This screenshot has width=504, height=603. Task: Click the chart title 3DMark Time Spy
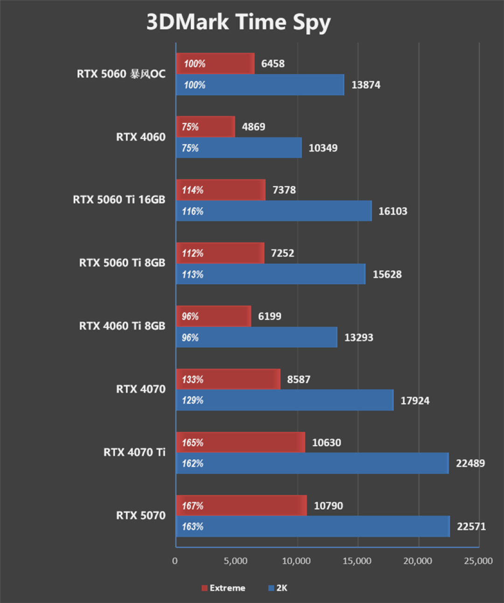pyautogui.click(x=238, y=22)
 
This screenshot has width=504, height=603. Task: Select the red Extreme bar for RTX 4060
pyautogui.click(x=205, y=126)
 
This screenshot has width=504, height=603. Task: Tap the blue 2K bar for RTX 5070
pyautogui.click(x=313, y=526)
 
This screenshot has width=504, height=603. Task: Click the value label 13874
pyautogui.click(x=365, y=85)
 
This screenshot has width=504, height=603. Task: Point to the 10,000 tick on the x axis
pyautogui.click(x=296, y=561)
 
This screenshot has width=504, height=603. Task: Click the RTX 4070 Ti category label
pyautogui.click(x=134, y=452)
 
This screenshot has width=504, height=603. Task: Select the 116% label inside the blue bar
pyautogui.click(x=192, y=211)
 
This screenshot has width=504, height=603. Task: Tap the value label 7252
pyautogui.click(x=282, y=253)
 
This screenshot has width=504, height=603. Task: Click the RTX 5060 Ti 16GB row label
pyautogui.click(x=119, y=200)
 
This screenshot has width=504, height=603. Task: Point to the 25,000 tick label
pyautogui.click(x=478, y=561)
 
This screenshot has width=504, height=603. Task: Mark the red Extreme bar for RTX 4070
pyautogui.click(x=228, y=379)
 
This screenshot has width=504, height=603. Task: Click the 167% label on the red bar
pyautogui.click(x=192, y=506)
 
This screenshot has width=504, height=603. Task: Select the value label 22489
pyautogui.click(x=470, y=463)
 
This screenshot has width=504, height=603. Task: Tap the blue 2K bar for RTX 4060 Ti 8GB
pyautogui.click(x=257, y=337)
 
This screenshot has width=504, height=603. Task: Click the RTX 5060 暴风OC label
pyautogui.click(x=121, y=74)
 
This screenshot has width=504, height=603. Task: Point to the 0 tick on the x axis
pyautogui.click(x=175, y=561)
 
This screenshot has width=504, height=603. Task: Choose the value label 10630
pyautogui.click(x=326, y=442)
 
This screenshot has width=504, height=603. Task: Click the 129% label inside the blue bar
pyautogui.click(x=192, y=400)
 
